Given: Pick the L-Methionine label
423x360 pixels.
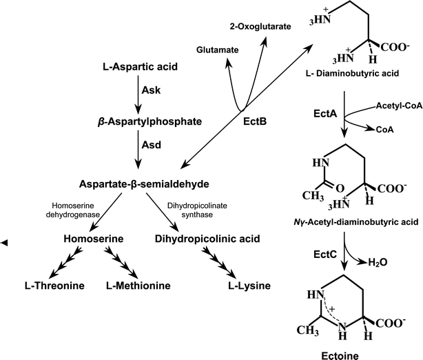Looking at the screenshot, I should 136,285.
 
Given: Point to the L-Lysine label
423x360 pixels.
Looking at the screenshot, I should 247,285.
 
